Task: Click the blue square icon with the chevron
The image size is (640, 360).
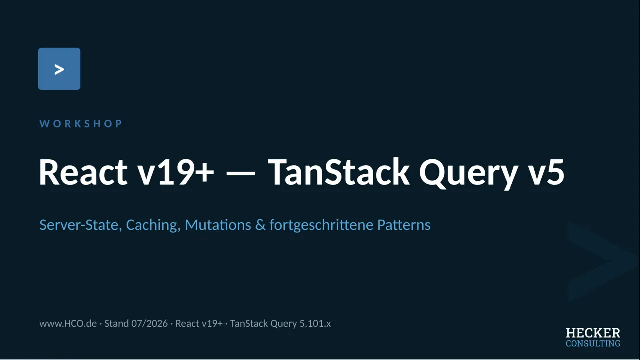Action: pyautogui.click(x=59, y=69)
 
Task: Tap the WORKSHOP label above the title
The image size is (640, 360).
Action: pyautogui.click(x=81, y=124)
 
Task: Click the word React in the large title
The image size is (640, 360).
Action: pyautogui.click(x=83, y=172)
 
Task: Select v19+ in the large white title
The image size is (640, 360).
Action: pyautogui.click(x=176, y=172)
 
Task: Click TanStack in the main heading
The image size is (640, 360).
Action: pyautogui.click(x=339, y=172)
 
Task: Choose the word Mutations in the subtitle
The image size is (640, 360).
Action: pyautogui.click(x=218, y=225)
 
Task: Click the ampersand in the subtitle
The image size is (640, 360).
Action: pyautogui.click(x=260, y=225)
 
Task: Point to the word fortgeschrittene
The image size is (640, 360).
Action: pyautogui.click(x=321, y=225)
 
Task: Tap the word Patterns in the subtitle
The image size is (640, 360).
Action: pyautogui.click(x=404, y=225)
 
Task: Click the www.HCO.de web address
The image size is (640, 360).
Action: pyautogui.click(x=68, y=323)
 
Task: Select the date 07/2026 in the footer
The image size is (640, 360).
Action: pyautogui.click(x=149, y=323)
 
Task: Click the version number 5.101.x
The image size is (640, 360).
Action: pyautogui.click(x=315, y=323)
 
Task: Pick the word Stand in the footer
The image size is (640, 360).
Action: pyautogui.click(x=116, y=323)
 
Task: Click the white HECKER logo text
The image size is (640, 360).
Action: pyautogui.click(x=593, y=333)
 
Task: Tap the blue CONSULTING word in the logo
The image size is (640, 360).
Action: pyautogui.click(x=593, y=343)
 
